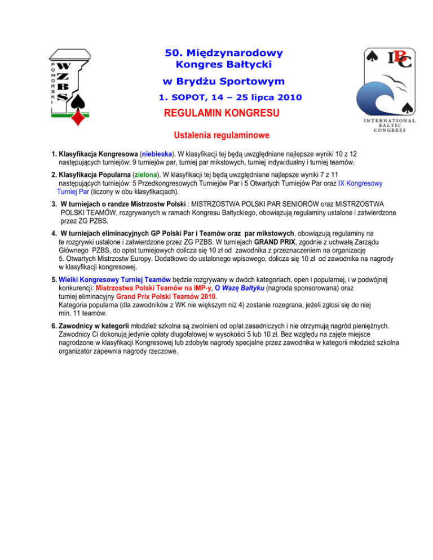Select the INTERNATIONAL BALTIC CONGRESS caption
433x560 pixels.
pos(390,125)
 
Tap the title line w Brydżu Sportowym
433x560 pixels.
pos(223,82)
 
